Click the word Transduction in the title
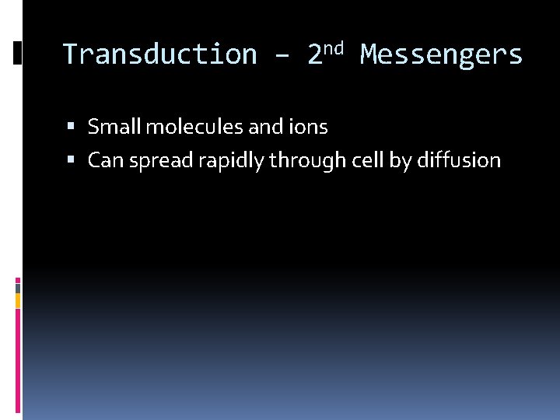159,55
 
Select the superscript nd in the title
332,48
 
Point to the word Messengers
442,55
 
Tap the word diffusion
459,160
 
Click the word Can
104,160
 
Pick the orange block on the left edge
17,299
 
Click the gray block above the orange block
17,286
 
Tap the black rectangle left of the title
18,53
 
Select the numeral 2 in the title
315,55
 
